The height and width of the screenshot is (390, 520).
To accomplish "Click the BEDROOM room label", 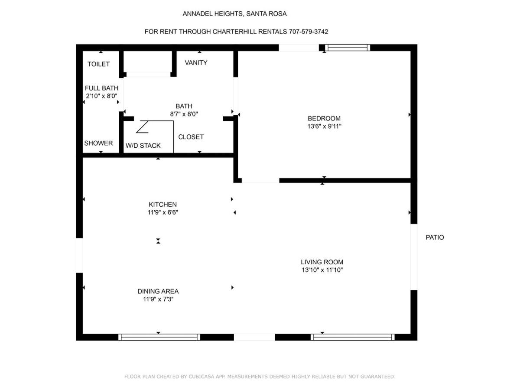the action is (324, 118).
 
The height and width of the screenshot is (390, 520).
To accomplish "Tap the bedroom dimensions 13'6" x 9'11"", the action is (324, 126).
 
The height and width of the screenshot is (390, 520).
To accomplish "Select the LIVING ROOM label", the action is (322, 262).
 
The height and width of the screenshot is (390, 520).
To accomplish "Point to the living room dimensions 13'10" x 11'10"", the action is (322, 270).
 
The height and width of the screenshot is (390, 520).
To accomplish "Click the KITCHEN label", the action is (163, 205).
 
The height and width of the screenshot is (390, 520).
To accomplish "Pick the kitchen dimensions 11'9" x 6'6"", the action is (163, 212).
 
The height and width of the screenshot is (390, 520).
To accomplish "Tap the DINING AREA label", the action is (158, 291).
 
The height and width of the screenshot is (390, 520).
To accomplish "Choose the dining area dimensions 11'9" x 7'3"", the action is (158, 299).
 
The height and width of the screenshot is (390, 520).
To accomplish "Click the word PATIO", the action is (435, 237).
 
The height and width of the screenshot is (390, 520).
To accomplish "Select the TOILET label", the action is (98, 64).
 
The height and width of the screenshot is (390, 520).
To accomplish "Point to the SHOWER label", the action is (98, 143).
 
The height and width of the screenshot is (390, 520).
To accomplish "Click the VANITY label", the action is (196, 62).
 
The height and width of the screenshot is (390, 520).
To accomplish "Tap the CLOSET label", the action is (191, 137).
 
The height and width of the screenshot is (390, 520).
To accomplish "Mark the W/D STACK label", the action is (143, 146).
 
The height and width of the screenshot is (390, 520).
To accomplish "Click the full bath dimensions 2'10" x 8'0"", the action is (102, 96).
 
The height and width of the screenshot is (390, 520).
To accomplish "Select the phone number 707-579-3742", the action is (309, 32).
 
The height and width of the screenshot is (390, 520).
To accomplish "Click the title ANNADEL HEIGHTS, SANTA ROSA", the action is (234, 14).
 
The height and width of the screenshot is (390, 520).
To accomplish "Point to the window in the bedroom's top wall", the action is (347, 48).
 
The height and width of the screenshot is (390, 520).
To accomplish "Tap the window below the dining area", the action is (159, 337).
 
